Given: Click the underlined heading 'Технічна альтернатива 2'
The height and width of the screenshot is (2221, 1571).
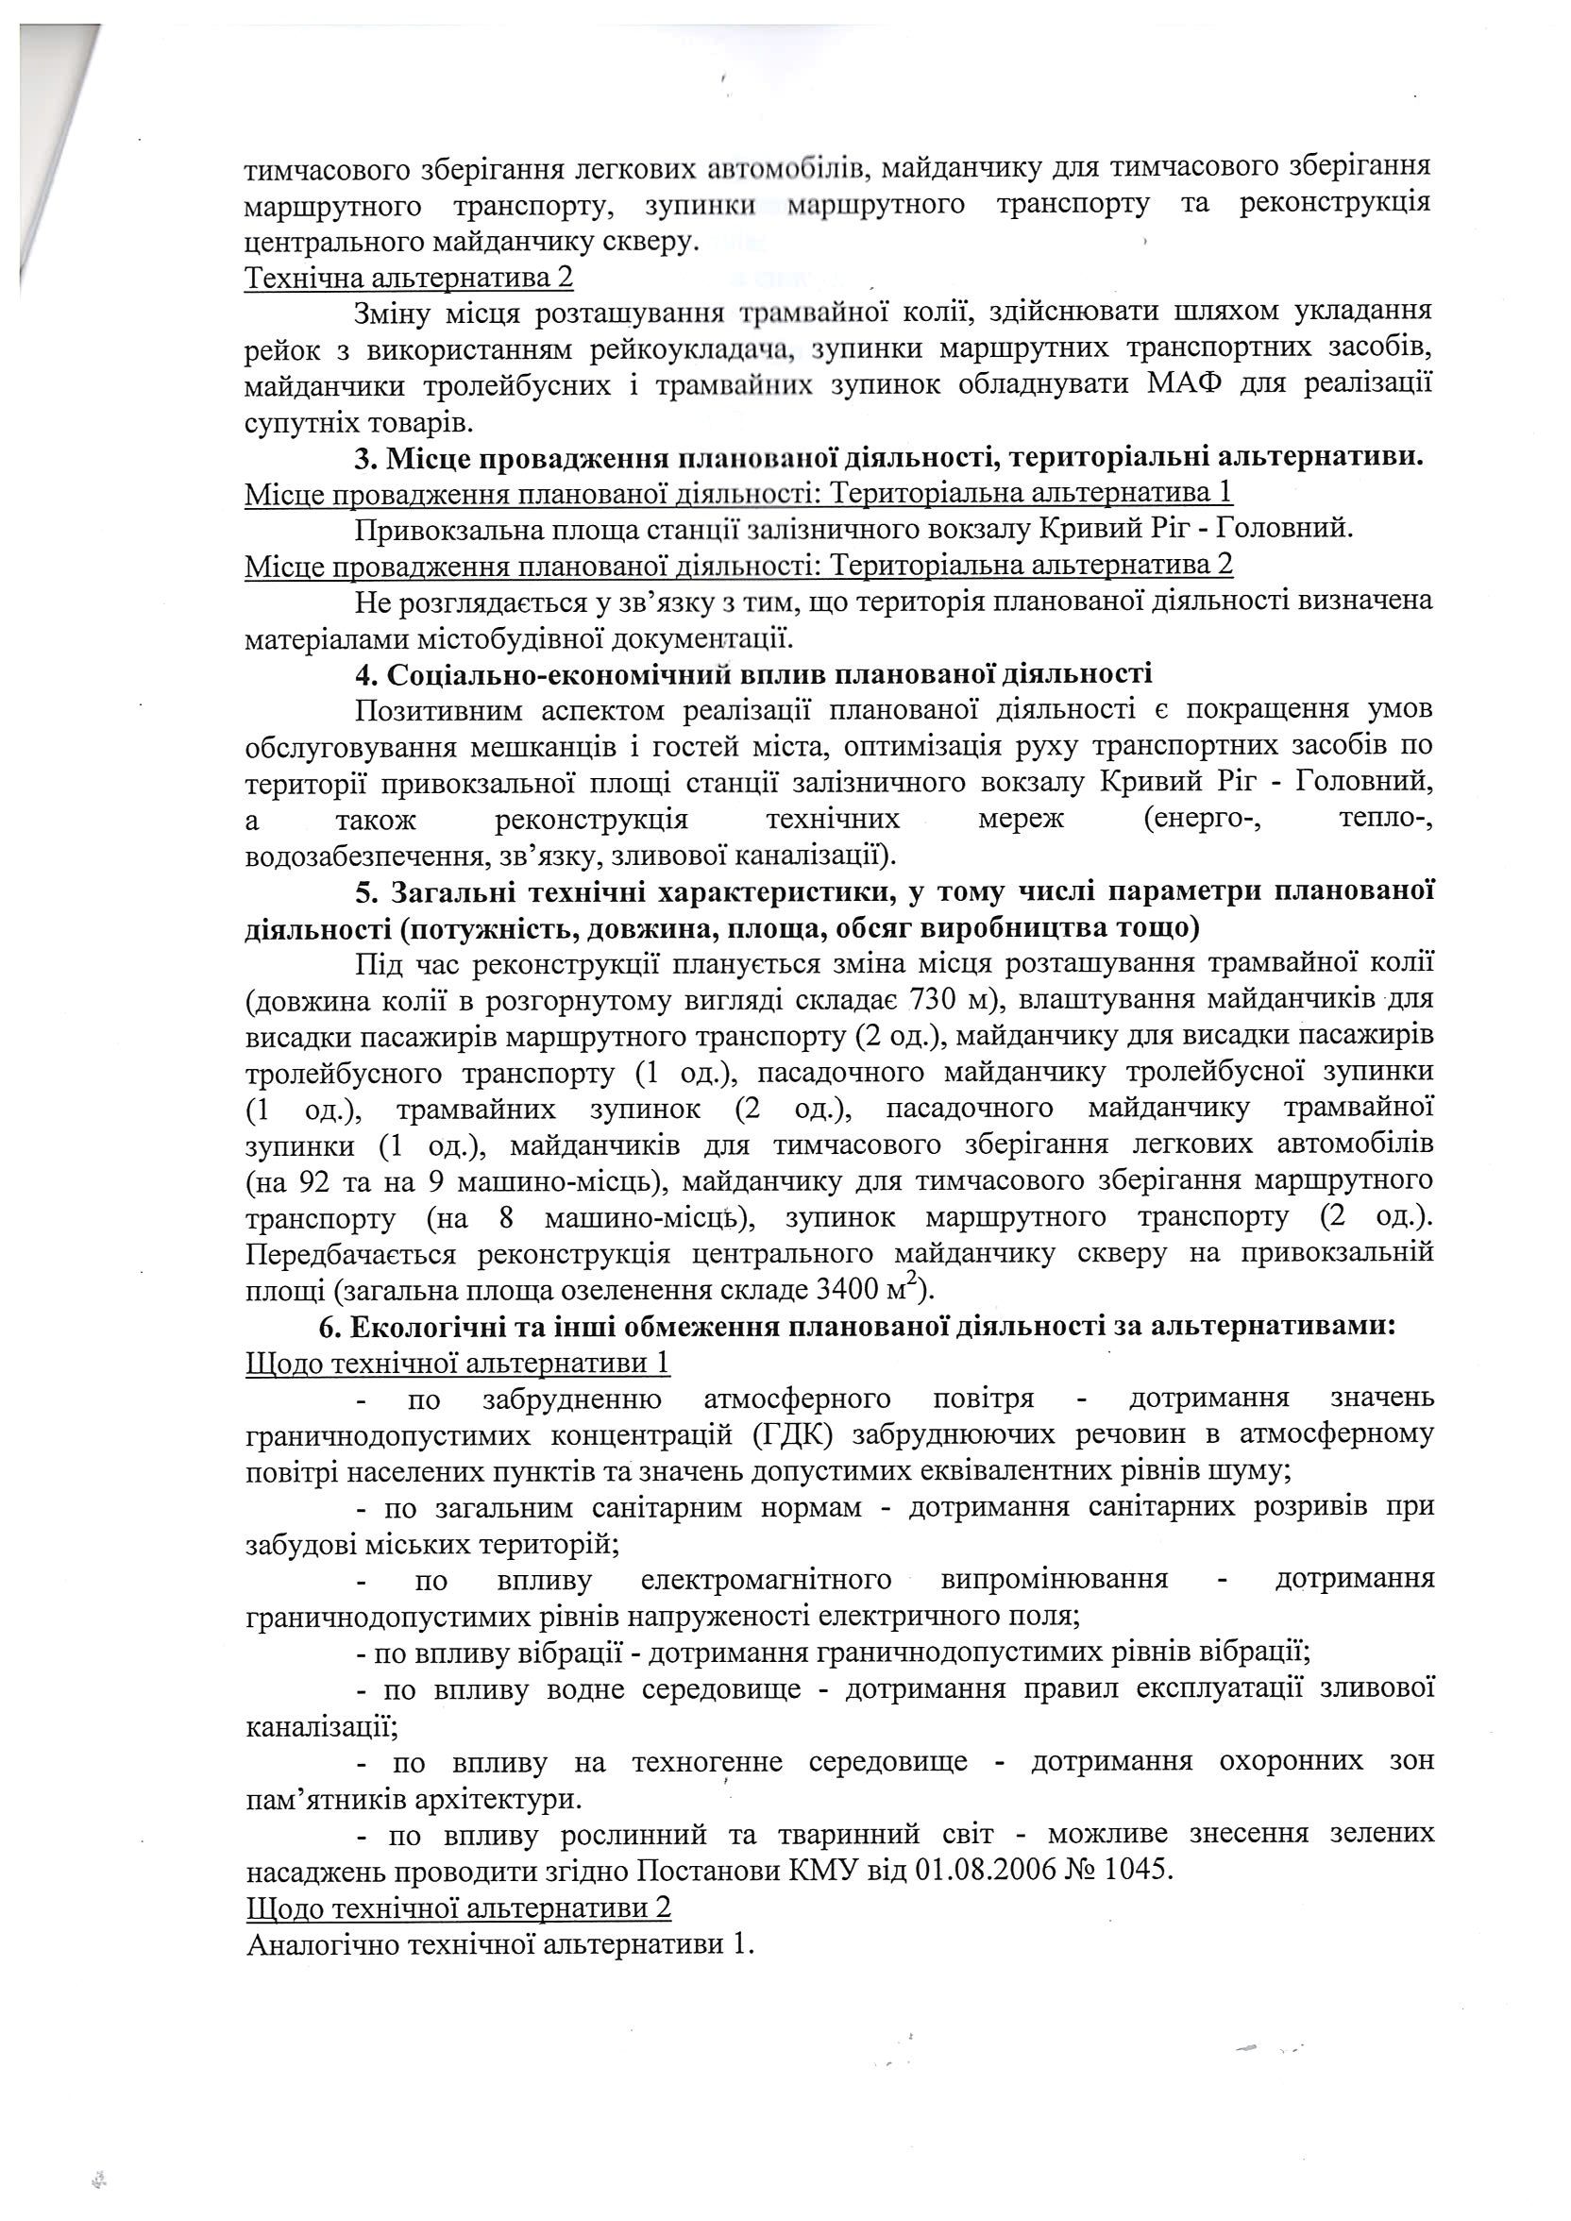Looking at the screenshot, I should pyautogui.click(x=409, y=279).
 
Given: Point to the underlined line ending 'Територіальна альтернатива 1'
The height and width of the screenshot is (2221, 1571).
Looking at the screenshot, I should pyautogui.click(x=739, y=493).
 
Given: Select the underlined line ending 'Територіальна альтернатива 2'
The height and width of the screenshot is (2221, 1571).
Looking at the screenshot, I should pyautogui.click(x=739, y=564).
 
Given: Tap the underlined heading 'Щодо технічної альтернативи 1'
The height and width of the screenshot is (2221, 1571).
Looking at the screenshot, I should pyautogui.click(x=460, y=1363).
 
